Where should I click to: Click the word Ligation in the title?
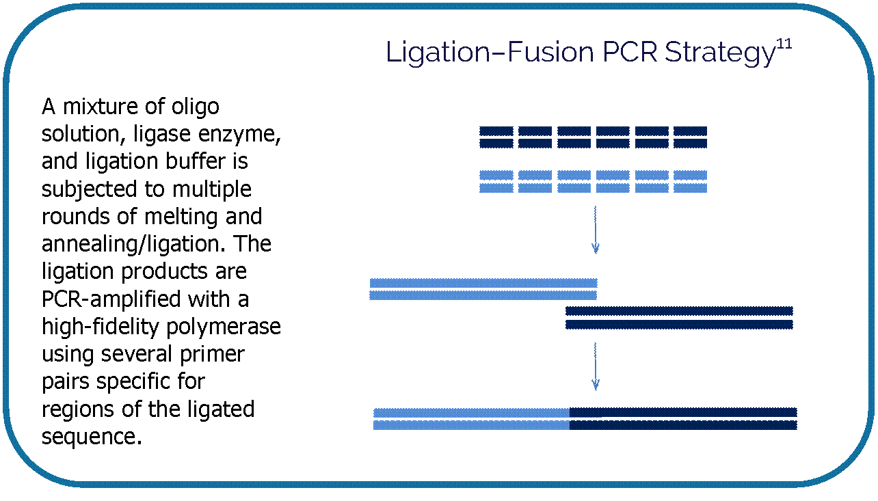pyautogui.click(x=434, y=53)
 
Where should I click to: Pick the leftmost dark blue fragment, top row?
pyautogui.click(x=496, y=131)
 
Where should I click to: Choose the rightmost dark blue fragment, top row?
pyautogui.click(x=690, y=131)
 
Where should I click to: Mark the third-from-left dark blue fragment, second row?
pyautogui.click(x=574, y=144)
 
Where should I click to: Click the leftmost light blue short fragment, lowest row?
pyautogui.click(x=496, y=188)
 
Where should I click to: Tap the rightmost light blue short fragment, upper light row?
pyautogui.click(x=690, y=175)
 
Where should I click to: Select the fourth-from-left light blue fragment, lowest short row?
pyautogui.click(x=613, y=188)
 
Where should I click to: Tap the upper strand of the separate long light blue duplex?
pyautogui.click(x=483, y=283)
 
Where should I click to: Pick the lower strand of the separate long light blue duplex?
pyautogui.click(x=483, y=295)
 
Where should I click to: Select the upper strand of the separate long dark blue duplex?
pyautogui.click(x=679, y=311)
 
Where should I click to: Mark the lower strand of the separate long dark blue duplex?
pyautogui.click(x=679, y=324)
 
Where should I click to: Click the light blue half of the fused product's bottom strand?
pyautogui.click(x=471, y=425)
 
